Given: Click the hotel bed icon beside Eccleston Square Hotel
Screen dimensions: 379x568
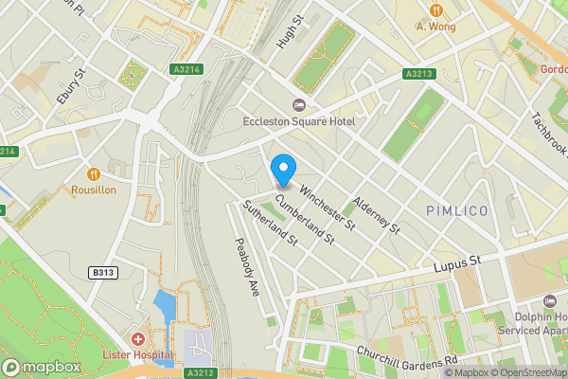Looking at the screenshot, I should (300, 104).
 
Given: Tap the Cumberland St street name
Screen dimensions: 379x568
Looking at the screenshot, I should (305, 219).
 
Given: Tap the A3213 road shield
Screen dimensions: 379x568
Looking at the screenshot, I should (418, 73).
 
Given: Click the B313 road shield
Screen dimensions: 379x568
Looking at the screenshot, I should (103, 273).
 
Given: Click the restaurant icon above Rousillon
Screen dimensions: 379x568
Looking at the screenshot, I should (94, 173).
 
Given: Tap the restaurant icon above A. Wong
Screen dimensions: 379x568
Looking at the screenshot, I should (435, 9).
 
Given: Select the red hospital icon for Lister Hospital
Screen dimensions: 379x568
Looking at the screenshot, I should (139, 338).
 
